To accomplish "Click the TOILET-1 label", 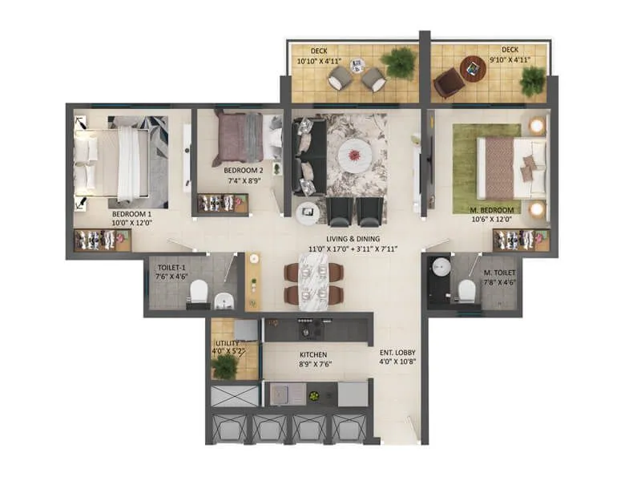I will [171, 269].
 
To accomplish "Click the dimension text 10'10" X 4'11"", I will [318, 60].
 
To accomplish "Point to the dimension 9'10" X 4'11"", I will [510, 60].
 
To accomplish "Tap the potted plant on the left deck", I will [398, 62].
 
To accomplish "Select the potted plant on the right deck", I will [532, 79].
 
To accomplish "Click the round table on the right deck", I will [474, 68].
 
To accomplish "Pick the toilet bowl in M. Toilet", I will [465, 293].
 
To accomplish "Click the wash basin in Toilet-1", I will [225, 301].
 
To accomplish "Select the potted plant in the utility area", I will [227, 366].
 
